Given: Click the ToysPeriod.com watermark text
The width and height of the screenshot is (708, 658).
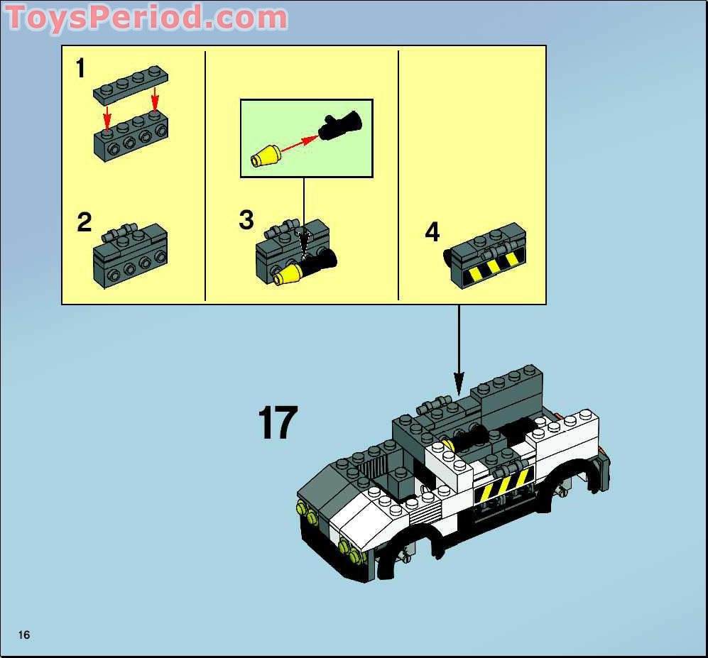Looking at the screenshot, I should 147,17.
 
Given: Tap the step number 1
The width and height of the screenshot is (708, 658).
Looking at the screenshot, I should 80,69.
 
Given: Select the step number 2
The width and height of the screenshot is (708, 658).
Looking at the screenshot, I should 85,222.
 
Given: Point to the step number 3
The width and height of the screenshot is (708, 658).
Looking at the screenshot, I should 246,220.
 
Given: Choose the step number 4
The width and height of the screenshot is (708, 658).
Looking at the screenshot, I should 432,232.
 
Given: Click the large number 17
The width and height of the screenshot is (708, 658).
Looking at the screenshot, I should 277,423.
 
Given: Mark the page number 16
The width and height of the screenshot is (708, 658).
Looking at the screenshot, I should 24,635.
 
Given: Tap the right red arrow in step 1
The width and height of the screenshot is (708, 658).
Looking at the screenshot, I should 154,107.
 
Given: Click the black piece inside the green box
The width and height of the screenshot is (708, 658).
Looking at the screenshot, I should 340,126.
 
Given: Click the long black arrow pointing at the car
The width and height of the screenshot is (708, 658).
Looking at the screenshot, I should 459,348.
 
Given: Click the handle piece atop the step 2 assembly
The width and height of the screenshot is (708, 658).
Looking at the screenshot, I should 119,231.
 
